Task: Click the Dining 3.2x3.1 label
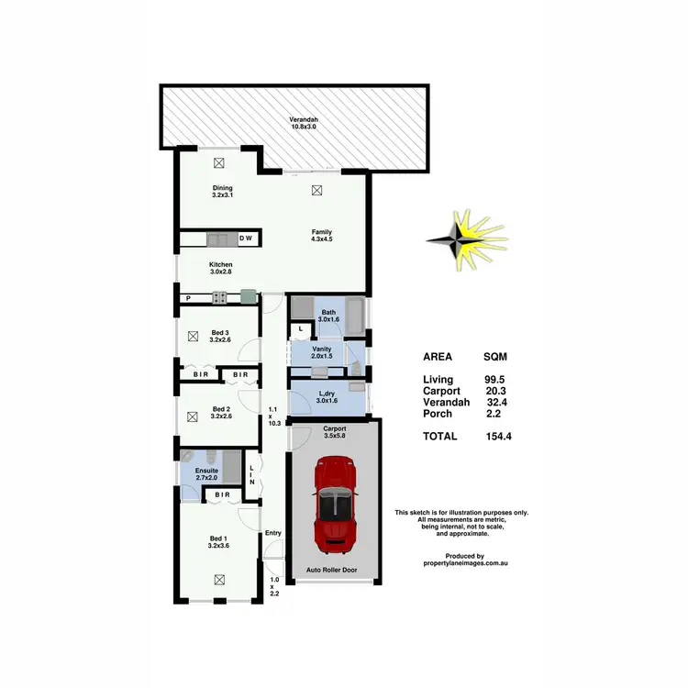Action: [223, 192]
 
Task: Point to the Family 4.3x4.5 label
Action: [321, 236]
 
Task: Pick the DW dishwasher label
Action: [246, 239]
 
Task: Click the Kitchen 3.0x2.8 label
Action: [221, 269]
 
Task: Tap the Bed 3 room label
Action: [219, 336]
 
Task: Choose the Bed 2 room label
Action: [220, 413]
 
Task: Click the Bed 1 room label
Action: [219, 541]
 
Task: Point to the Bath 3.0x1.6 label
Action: [328, 316]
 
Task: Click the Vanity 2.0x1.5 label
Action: [321, 352]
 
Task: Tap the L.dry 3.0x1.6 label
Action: [326, 397]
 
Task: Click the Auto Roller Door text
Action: [332, 570]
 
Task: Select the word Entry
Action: [273, 533]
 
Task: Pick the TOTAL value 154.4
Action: [498, 437]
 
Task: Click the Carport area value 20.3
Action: [496, 391]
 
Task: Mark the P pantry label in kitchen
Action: [187, 298]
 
